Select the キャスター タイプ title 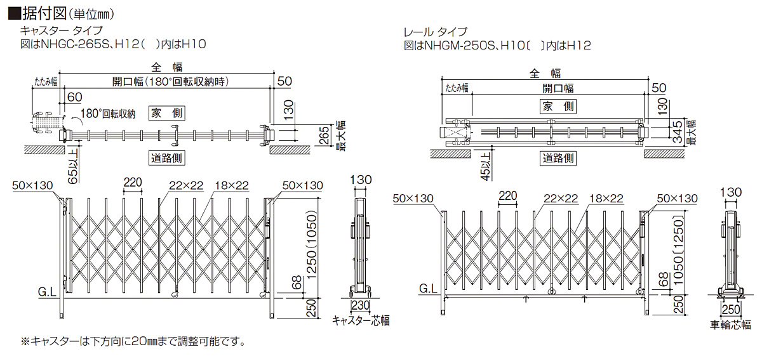click(x=61, y=30)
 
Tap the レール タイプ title click(x=436, y=31)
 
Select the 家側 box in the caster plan click(x=167, y=113)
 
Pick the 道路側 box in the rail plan click(x=558, y=157)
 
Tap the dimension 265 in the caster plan click(x=323, y=136)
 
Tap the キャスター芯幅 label click(x=361, y=321)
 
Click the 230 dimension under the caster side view click(x=361, y=305)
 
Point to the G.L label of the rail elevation click(x=427, y=290)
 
